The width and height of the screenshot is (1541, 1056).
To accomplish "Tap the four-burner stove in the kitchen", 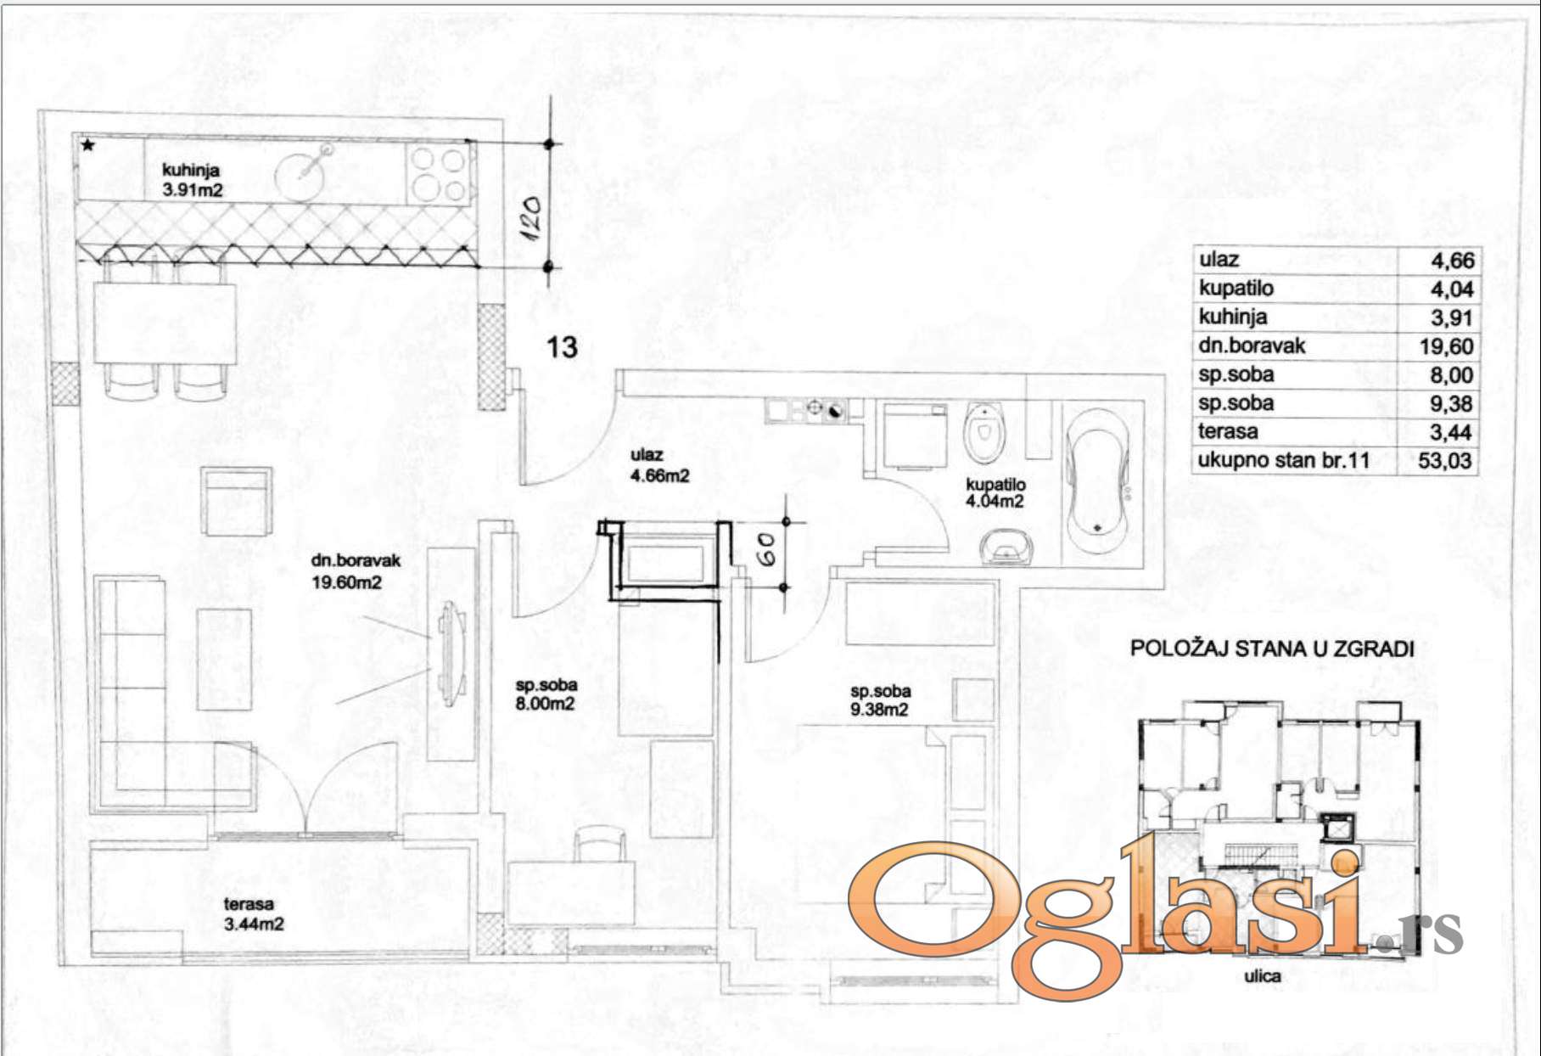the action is (x=438, y=174).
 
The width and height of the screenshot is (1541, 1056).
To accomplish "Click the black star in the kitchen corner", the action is (x=88, y=146).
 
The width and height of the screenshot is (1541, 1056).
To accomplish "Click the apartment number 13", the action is (x=562, y=346).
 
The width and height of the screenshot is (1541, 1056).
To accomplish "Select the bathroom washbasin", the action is (x=1006, y=547).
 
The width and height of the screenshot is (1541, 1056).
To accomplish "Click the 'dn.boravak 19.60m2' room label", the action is (x=356, y=571).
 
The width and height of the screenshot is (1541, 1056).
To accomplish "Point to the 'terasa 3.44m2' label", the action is (x=253, y=914).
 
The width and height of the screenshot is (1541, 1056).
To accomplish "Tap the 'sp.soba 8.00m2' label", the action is (x=546, y=694).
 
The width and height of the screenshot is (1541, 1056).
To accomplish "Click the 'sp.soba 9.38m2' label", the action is (x=880, y=700).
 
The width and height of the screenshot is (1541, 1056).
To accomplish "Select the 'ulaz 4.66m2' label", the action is (x=659, y=465).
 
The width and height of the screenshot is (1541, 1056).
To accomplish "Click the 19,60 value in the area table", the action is (x=1446, y=346).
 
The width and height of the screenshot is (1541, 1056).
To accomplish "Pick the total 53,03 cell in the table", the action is (x=1446, y=461).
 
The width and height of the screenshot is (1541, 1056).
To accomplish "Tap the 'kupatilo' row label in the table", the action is (x=1236, y=289).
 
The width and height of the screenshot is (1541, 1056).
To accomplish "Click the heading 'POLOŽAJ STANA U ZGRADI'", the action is (x=1272, y=649).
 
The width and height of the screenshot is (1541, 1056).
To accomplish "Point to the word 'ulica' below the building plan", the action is (x=1263, y=976).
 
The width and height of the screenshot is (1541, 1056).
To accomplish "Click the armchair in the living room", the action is (x=238, y=501).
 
